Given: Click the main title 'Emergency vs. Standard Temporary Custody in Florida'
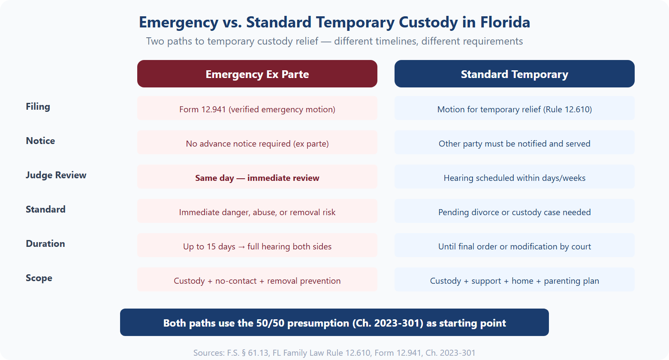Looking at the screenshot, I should tap(334, 22).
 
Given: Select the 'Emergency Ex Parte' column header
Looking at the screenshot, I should tap(257, 74).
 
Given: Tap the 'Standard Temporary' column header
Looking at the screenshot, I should tap(514, 74).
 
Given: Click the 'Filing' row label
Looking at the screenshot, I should tap(38, 107).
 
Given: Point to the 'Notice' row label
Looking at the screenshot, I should tap(40, 141).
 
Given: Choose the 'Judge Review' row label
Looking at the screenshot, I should tap(56, 175).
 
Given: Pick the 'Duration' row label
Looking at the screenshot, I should tap(45, 244).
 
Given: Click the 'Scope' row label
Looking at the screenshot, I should tap(39, 278).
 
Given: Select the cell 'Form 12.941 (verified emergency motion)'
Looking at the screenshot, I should tap(257, 109).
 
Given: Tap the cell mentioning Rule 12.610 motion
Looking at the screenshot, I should tap(514, 109).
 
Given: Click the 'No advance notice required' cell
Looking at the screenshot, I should tap(257, 144).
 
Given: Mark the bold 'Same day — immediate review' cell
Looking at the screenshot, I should tap(257, 178).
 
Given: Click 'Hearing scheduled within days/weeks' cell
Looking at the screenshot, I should tap(514, 178).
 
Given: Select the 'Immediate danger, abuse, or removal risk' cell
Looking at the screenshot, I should tap(257, 212).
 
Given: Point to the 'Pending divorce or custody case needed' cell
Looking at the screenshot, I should tap(514, 212).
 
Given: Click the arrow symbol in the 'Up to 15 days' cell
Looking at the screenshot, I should tap(241, 247).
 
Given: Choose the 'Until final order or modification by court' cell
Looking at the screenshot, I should tap(514, 246).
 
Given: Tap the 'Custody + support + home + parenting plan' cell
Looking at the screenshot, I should tap(514, 281).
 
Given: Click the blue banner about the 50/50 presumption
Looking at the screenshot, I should tap(334, 323).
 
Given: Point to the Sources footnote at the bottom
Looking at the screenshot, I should tap(334, 353).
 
